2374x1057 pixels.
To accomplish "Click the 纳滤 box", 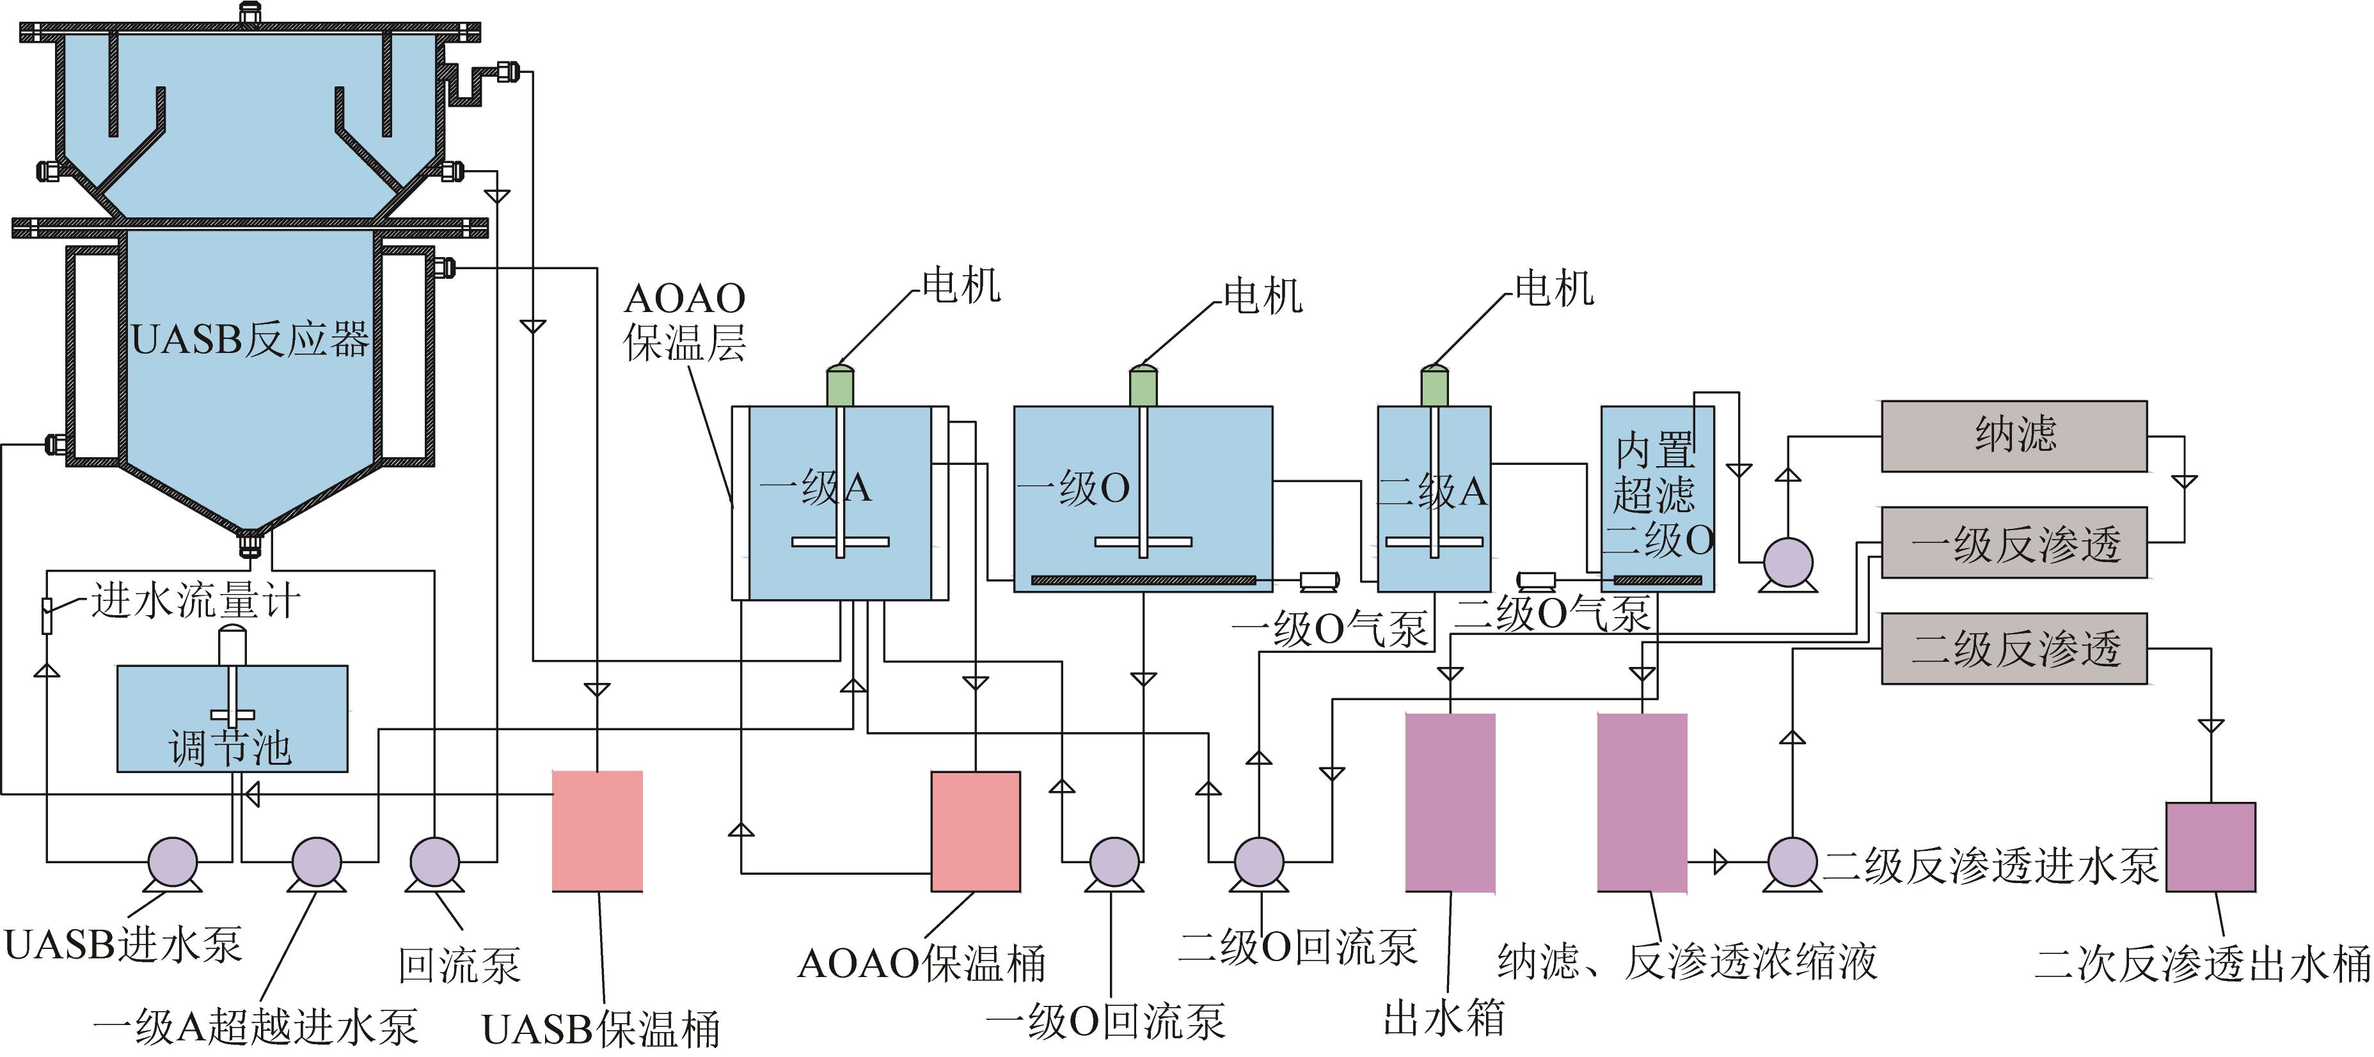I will coord(2014,436).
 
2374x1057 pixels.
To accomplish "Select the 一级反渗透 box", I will coord(2014,543).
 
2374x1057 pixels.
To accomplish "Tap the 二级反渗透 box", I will coord(2014,649).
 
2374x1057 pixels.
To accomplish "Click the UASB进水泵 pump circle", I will coord(173,863).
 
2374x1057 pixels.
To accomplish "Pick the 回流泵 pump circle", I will coord(434,863).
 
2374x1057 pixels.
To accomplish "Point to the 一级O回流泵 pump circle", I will coord(1114,863).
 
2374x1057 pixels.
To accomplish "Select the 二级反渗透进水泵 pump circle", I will coord(1792,863).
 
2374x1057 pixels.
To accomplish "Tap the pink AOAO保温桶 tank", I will coord(975,831).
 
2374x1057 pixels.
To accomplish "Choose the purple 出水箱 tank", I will coord(1450,803).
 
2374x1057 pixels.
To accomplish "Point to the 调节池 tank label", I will coord(230,746).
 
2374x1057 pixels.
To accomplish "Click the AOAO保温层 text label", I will coord(684,321).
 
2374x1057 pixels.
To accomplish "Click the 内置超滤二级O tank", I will coord(1657,497).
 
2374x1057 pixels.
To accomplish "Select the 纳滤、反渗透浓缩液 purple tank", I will coord(1642,803).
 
